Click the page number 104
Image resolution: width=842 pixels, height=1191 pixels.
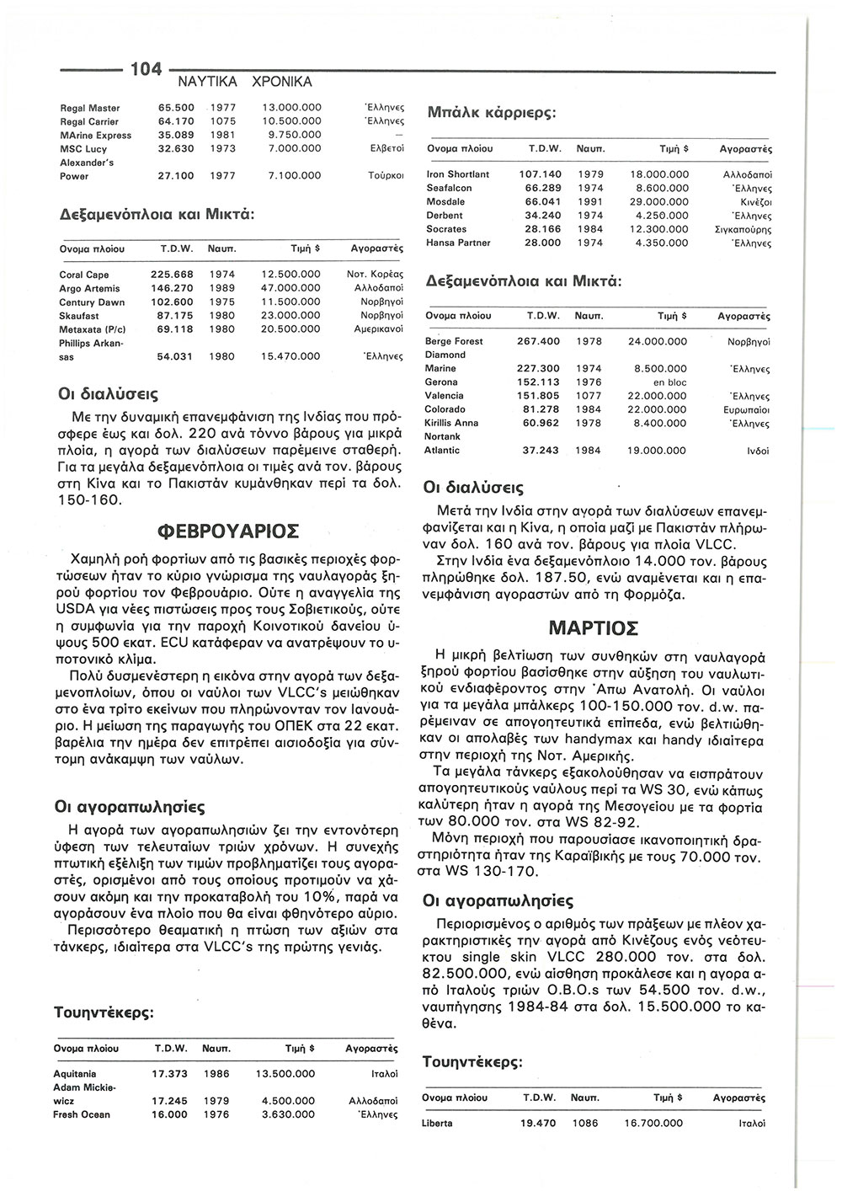146,69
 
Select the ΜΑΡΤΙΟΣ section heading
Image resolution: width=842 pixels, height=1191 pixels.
593,628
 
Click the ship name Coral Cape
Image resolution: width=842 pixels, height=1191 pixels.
84,275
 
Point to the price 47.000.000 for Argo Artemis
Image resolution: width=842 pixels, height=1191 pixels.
291,288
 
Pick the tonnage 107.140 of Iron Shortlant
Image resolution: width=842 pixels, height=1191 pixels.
540,174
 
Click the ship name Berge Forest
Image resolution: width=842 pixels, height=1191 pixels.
455,341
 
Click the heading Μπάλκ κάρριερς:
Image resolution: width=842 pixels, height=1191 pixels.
493,113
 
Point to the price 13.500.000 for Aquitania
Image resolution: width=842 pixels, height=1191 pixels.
285,1074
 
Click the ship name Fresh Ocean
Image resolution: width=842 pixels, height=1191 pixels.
82,1114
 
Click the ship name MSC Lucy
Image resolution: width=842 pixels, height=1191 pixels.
83,149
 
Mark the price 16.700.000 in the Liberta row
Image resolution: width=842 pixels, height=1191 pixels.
653,1123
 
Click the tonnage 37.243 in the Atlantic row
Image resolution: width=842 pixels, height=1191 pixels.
541,451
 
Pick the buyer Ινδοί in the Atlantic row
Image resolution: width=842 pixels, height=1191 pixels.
758,451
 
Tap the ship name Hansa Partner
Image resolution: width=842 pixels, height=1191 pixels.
459,243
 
